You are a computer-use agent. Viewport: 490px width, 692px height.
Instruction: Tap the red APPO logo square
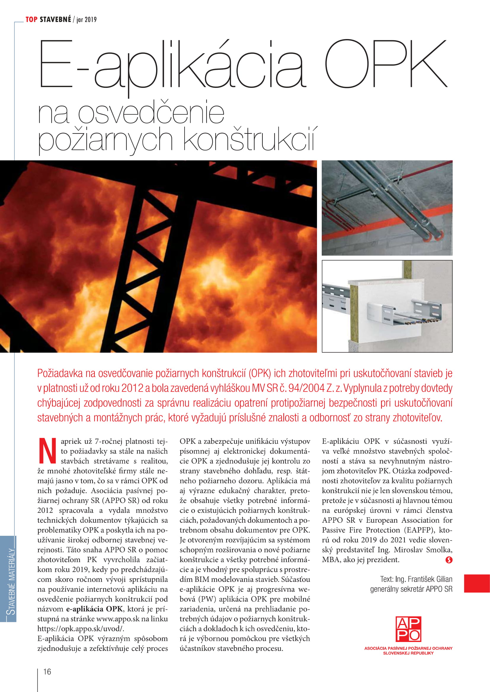click(x=408, y=629)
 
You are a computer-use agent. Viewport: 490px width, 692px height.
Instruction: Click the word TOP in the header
click(x=31, y=20)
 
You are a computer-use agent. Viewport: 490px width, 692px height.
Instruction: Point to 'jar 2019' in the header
click(x=87, y=20)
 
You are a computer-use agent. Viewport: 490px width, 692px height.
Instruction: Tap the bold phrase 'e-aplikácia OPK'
click(x=94, y=609)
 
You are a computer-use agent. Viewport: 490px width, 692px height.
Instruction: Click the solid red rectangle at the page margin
click(x=477, y=583)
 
